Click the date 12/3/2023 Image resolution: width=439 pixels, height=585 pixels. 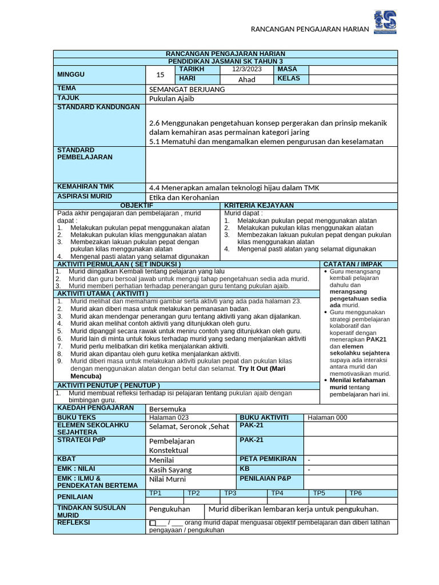(246, 69)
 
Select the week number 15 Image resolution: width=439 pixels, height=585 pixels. (160, 75)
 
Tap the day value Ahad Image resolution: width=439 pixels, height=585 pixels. (246, 79)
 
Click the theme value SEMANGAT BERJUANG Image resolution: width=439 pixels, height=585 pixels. (187, 90)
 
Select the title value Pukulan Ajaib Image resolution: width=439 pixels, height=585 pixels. (171, 99)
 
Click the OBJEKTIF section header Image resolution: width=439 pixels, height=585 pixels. (137, 205)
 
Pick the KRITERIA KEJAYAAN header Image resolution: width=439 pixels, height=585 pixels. (259, 205)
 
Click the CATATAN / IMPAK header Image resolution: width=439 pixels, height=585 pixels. (353, 264)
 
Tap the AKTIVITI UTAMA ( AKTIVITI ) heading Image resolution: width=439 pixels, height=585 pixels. (102, 293)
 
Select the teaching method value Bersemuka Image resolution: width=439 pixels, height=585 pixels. (167, 409)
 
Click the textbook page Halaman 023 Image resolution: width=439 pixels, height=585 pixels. (168, 418)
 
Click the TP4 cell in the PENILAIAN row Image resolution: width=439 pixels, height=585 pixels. (277, 493)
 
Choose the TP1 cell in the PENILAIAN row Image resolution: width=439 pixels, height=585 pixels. (155, 493)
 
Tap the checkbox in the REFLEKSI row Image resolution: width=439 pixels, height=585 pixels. (152, 523)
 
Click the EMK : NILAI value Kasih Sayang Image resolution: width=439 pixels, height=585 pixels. (170, 470)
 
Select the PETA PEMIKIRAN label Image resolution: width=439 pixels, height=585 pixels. (268, 459)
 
